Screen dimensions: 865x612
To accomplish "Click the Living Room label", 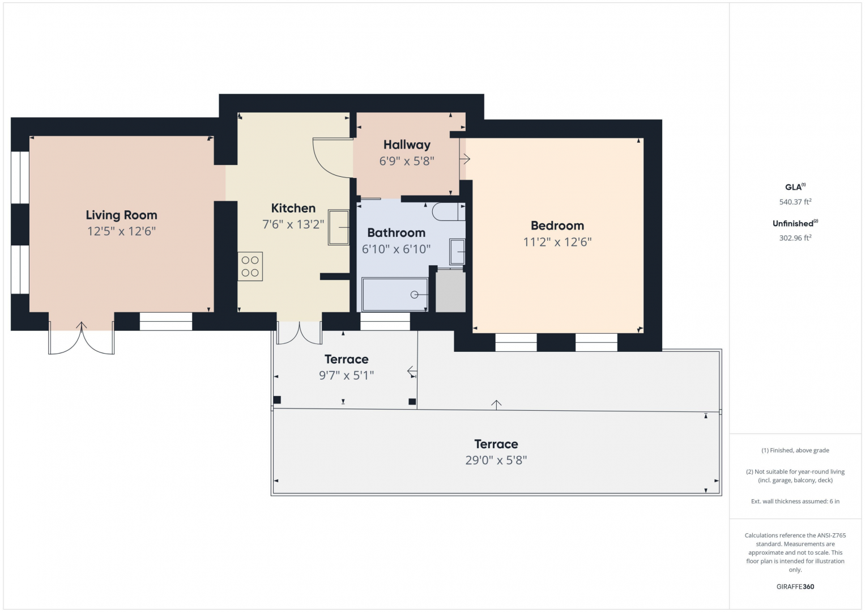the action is point(121,215).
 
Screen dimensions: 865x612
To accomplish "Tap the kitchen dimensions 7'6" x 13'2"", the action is point(293,224).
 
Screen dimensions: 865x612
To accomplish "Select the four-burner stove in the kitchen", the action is point(250,266).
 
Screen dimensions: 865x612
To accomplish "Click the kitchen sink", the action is point(339,227).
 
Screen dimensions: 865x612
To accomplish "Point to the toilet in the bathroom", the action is point(448,212).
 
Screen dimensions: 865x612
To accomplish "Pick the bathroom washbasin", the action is point(457,252).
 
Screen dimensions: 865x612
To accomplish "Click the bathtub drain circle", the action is point(414,295).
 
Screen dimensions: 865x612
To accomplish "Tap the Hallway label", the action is point(407,144).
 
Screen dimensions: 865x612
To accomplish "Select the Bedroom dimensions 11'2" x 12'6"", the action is point(557,242).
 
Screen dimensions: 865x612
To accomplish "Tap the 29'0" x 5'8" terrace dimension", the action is point(496,460).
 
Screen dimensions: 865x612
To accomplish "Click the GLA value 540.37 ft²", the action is point(795,202).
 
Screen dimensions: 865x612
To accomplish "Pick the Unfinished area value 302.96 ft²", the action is point(795,238).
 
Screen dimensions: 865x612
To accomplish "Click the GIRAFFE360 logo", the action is point(795,586).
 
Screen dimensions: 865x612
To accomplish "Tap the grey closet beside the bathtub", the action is point(451,291).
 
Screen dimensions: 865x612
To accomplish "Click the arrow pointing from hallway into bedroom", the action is point(465,159).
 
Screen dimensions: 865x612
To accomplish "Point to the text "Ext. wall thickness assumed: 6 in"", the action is point(795,501).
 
